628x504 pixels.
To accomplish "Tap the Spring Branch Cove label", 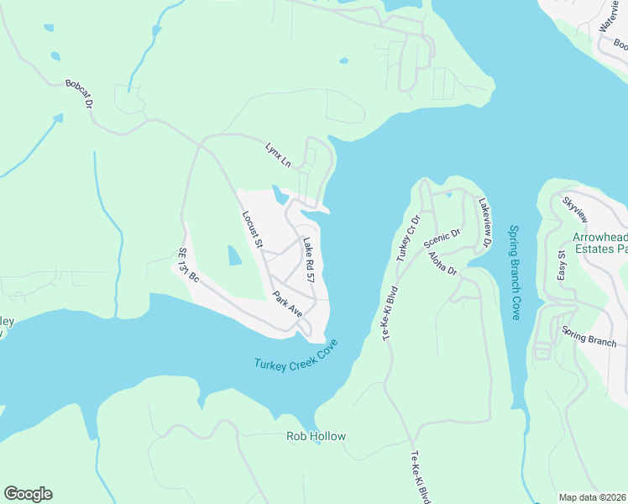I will pos(515,272).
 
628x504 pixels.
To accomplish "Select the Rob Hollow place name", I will pos(316,436).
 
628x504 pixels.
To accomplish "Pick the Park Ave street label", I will pos(287,303).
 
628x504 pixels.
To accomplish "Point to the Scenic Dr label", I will pos(442,242).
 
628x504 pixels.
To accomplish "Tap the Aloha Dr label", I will pos(442,264).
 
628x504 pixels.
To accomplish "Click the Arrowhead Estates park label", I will pos(599,244).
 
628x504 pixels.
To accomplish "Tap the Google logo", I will pos(28,494).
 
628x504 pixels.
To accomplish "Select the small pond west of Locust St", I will pos(234,255).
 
